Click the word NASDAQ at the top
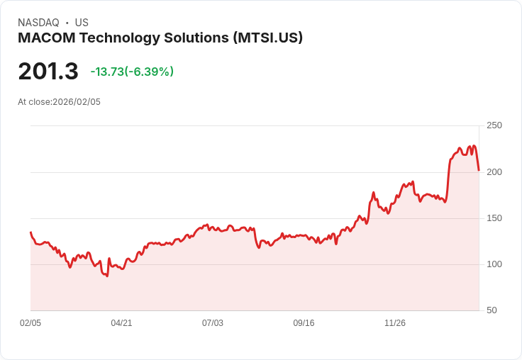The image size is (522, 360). [38, 23]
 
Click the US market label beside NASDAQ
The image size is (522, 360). [82, 23]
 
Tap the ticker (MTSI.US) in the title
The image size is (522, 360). [268, 38]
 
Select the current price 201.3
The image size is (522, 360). [48, 72]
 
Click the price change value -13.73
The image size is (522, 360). [107, 72]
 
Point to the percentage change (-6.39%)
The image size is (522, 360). [150, 72]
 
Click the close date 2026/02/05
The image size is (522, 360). [77, 102]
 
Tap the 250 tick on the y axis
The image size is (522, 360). [494, 125]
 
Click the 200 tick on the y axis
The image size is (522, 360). [494, 171]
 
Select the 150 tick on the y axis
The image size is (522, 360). [494, 218]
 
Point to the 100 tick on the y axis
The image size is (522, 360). [494, 264]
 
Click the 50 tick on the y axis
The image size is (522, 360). [492, 310]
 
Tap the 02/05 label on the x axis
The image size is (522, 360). [30, 323]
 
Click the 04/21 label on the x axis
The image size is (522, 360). [121, 323]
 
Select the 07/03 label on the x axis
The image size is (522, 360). [213, 323]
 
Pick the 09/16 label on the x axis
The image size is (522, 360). [304, 323]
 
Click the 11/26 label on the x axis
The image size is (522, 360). [395, 323]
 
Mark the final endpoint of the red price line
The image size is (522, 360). [479, 170]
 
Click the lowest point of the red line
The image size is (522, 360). [107, 276]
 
